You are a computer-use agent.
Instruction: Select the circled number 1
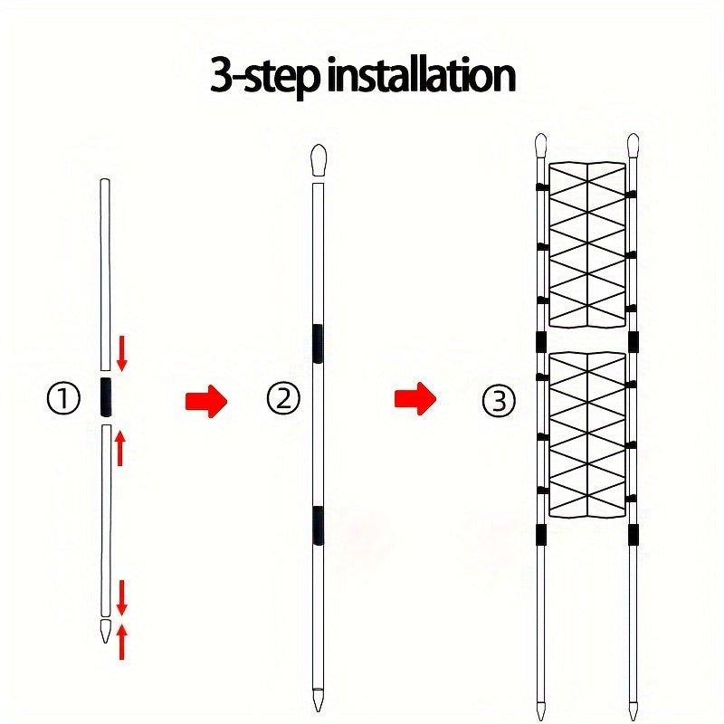click(63, 398)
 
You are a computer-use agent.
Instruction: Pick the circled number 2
click(283, 398)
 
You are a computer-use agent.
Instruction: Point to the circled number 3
click(499, 399)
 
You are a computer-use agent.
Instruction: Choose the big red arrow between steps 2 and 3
click(415, 397)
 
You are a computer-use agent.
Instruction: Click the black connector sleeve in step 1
click(105, 396)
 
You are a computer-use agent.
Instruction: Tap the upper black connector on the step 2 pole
click(318, 342)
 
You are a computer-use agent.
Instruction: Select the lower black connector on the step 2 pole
click(318, 525)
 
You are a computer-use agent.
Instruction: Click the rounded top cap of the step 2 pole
click(318, 159)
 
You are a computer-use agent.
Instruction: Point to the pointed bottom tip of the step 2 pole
click(318, 700)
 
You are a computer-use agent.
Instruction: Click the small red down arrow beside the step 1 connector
click(122, 350)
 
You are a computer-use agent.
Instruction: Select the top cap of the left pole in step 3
click(541, 144)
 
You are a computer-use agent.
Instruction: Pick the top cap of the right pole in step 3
click(633, 144)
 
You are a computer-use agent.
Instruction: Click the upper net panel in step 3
click(587, 244)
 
